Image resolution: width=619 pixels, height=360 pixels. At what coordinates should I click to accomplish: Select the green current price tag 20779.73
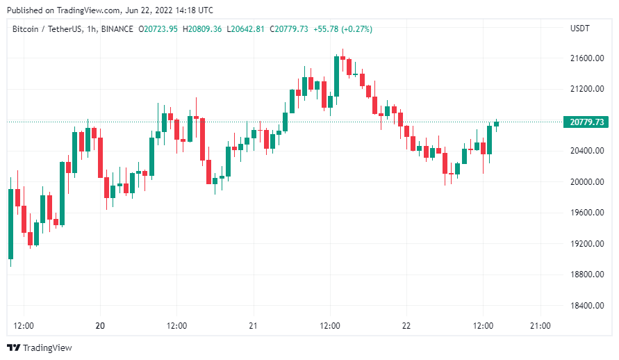tap(586, 122)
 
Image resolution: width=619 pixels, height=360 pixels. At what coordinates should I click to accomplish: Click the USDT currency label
tap(579, 28)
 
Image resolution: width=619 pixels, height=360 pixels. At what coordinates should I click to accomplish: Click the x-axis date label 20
tap(100, 325)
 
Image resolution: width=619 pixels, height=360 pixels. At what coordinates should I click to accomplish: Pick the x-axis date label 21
tap(253, 325)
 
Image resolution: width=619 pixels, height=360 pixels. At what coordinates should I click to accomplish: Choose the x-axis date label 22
tap(406, 325)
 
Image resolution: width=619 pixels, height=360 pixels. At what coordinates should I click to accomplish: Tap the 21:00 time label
tap(540, 325)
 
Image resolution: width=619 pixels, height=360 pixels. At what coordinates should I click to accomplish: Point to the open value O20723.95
tap(158, 28)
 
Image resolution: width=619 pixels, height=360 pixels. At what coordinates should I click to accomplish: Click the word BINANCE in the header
tap(117, 28)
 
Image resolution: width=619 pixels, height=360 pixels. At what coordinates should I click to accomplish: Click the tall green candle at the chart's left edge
tap(10, 223)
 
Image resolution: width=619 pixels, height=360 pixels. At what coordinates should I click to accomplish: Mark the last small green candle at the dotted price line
tap(497, 123)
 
